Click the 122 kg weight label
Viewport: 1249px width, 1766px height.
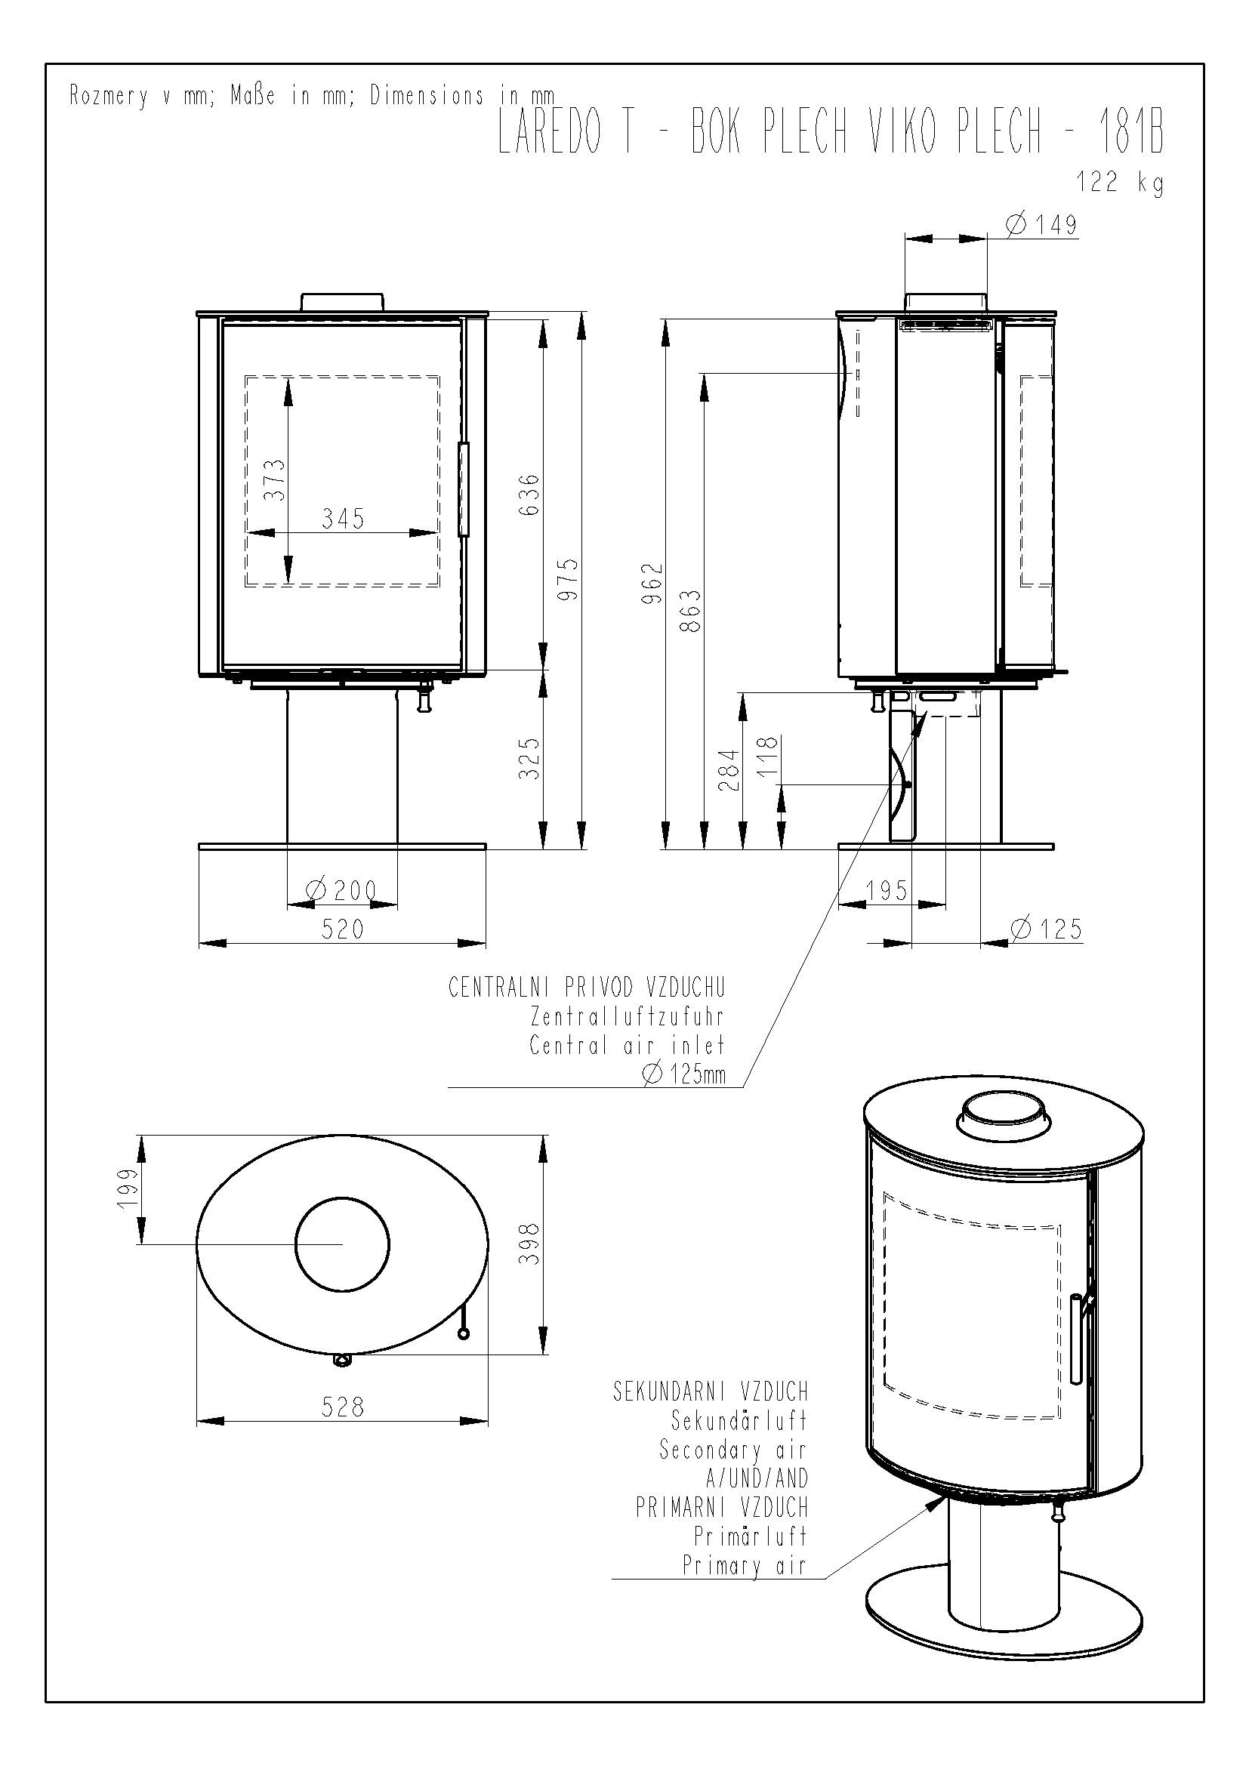(x=1119, y=183)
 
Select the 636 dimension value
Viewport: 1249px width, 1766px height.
(x=530, y=495)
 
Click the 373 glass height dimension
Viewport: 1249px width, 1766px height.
(x=275, y=480)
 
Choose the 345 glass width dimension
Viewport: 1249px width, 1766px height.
(x=343, y=519)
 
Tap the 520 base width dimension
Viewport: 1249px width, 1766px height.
(x=343, y=929)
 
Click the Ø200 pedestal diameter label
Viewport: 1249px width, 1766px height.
(x=341, y=891)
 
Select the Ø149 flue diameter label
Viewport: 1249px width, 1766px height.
(x=1041, y=224)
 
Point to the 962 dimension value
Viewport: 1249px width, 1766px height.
(x=652, y=584)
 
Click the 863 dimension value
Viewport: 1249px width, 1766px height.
(x=692, y=611)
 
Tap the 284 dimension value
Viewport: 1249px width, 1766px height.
(x=729, y=771)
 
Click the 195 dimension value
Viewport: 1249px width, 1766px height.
(x=887, y=891)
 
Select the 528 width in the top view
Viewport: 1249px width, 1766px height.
(x=343, y=1407)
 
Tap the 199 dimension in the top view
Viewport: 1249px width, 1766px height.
(x=128, y=1188)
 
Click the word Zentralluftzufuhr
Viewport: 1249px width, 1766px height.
(x=628, y=1016)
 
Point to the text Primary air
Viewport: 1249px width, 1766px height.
(x=745, y=1565)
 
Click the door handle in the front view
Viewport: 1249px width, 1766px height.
(x=464, y=489)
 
